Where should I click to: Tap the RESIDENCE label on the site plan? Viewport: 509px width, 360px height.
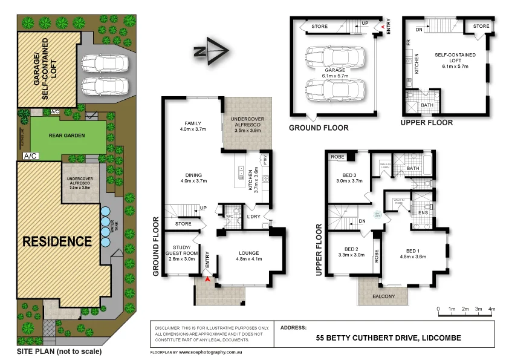(x=57, y=241)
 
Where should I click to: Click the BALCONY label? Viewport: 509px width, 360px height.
(x=383, y=296)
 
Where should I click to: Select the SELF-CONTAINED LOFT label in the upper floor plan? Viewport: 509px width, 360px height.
(x=455, y=58)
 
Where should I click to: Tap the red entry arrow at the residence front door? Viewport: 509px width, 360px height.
(x=207, y=280)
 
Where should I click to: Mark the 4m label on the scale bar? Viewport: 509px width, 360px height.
(x=491, y=309)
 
